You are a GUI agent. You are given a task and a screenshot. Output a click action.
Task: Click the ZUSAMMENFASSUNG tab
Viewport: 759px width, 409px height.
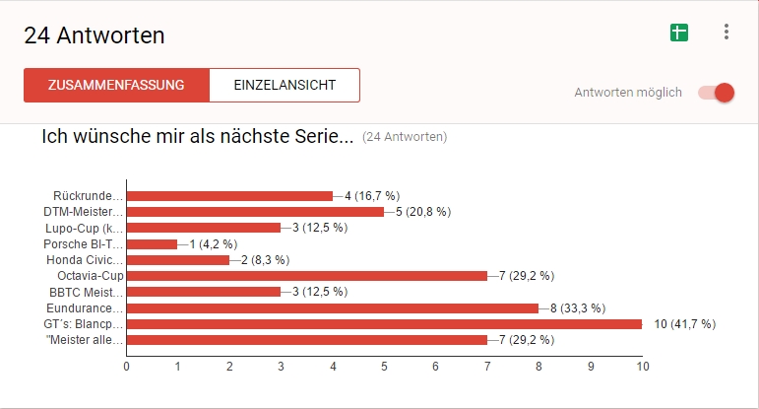tap(116, 85)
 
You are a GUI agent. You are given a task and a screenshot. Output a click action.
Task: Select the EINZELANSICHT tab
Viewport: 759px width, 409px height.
tap(285, 85)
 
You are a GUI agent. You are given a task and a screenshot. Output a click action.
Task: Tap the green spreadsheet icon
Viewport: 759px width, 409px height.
tap(678, 33)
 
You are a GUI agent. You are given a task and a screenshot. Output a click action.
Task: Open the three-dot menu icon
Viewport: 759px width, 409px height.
tap(727, 33)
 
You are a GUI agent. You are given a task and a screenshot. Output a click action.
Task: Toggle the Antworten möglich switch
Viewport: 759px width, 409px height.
tap(717, 93)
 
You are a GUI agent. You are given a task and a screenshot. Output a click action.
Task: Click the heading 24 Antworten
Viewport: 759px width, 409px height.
tap(95, 35)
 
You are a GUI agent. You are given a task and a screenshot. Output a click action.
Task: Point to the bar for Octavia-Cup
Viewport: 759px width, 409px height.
tap(307, 276)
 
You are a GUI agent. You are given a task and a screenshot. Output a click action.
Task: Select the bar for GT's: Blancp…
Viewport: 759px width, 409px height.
tap(384, 323)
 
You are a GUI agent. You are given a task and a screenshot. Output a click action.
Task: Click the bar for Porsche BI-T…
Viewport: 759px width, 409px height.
tap(152, 243)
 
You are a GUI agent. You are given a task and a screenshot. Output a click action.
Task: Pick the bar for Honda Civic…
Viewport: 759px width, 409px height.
tap(177, 260)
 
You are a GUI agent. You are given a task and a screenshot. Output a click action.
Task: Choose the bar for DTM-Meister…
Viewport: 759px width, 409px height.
tap(255, 212)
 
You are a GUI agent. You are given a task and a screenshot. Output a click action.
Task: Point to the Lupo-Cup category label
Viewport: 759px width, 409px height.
tap(85, 228)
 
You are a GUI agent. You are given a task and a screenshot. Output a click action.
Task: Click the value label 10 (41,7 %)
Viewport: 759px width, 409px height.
tap(684, 323)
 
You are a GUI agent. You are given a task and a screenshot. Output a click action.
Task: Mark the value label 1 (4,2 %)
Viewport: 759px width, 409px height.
tap(205, 243)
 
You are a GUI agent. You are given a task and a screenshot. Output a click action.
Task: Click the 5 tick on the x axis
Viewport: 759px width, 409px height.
tap(385, 366)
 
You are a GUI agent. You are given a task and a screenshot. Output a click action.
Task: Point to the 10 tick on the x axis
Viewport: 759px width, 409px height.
tap(642, 366)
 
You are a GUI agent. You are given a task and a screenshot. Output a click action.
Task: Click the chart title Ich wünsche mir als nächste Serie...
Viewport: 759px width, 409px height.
tap(197, 137)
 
